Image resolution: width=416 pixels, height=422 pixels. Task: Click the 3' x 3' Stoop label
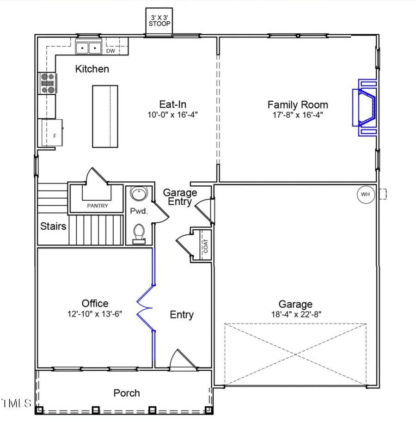(159, 21)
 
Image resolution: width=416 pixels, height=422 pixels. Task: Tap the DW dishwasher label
(110, 51)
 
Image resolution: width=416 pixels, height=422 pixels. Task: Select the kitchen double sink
(88, 48)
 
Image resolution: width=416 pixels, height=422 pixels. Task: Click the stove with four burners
(48, 84)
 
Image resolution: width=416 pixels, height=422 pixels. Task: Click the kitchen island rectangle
(105, 116)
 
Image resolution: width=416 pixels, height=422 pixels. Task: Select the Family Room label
(298, 105)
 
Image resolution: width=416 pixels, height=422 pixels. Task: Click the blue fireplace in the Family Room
(366, 108)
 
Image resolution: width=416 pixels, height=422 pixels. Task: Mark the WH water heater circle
(365, 194)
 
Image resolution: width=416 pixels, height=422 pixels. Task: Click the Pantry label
(98, 206)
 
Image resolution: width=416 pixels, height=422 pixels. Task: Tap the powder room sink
(137, 193)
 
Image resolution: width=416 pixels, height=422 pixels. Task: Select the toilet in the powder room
(138, 232)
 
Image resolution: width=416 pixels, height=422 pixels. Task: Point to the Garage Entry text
(180, 197)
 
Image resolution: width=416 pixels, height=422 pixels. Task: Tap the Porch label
(127, 393)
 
